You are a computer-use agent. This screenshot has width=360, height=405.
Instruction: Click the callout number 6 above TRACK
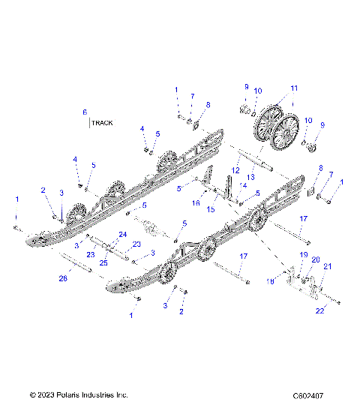point(85,112)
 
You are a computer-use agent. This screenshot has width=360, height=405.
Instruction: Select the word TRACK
point(102,122)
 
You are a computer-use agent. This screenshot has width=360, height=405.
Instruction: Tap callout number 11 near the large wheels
point(294,88)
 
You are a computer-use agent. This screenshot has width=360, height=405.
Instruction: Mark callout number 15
point(211,209)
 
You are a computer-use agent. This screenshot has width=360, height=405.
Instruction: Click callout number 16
point(196,202)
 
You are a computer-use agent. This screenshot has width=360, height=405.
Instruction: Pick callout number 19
point(304,256)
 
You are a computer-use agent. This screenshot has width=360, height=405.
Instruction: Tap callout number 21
point(328,267)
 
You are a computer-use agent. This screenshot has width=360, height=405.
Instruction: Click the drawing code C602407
point(313,394)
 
